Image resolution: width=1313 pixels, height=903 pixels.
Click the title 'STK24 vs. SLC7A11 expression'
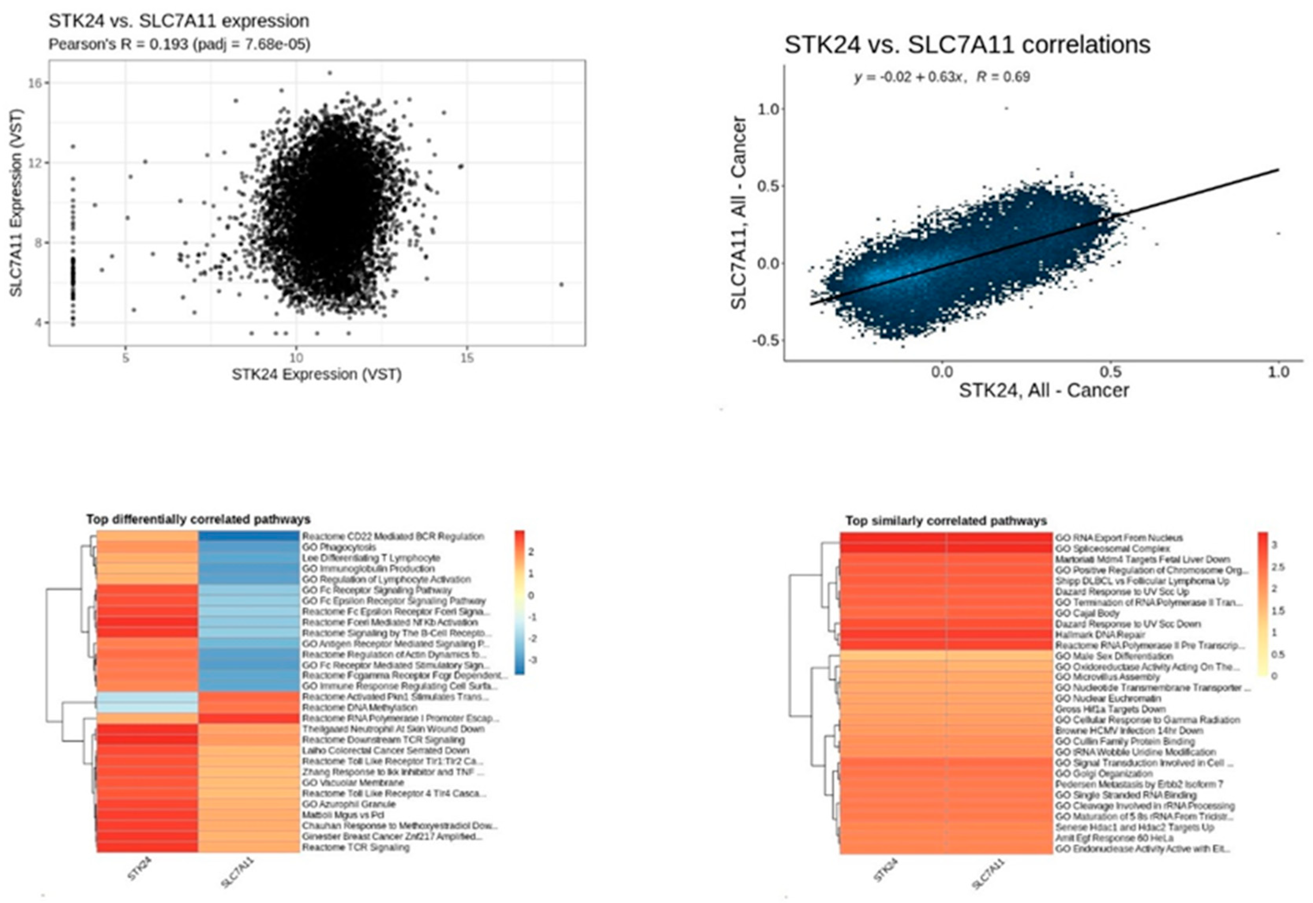179,21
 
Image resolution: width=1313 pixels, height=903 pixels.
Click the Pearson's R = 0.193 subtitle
179,44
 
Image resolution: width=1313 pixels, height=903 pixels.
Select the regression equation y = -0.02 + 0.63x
908,77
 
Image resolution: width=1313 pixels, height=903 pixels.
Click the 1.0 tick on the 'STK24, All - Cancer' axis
1278,372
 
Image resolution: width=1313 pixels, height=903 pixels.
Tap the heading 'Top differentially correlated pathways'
198,519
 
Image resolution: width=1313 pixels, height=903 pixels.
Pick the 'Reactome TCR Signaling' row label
356,847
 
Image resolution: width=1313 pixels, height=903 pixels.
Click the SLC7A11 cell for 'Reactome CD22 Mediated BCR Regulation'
249,536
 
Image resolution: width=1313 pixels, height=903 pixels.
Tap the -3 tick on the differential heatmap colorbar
532,660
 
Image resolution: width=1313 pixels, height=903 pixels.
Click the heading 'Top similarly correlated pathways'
946,520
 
